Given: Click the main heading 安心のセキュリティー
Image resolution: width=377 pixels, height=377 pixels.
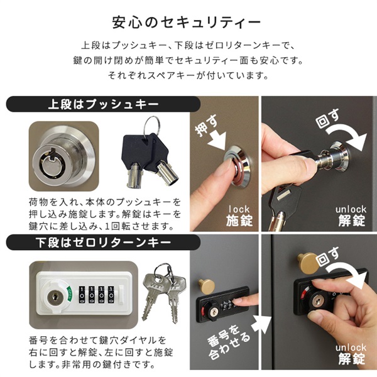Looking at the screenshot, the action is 187,23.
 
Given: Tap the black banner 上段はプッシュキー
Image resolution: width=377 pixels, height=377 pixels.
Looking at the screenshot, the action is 103,104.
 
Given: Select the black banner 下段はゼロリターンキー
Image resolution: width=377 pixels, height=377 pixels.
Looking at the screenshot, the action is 103,243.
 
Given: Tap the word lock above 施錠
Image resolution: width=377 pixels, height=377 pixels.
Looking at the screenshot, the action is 239,209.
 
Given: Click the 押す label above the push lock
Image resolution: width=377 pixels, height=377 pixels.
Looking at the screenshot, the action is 206,125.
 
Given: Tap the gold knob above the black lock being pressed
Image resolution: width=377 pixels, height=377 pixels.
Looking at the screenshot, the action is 207,287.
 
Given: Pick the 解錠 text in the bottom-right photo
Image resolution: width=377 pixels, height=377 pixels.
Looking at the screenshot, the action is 351,359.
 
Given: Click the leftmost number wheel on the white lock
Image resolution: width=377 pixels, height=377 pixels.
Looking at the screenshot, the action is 82,294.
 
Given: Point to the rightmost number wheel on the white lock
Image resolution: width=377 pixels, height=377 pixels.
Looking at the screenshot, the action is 111,294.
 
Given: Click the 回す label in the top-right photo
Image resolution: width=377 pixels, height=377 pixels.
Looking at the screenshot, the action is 327,119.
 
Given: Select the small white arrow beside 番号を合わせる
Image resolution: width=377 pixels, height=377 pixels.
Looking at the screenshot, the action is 261,325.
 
